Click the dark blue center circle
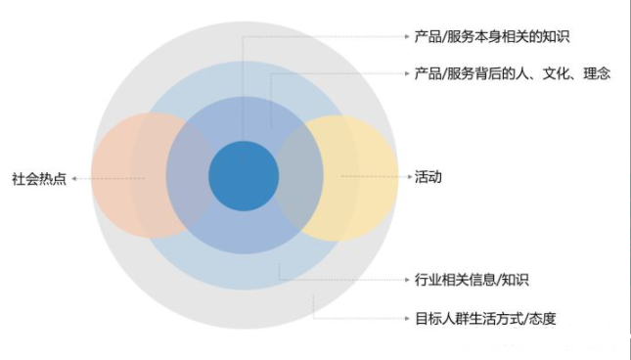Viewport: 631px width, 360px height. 243,177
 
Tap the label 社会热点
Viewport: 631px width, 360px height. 39,180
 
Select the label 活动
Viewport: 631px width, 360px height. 428,177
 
